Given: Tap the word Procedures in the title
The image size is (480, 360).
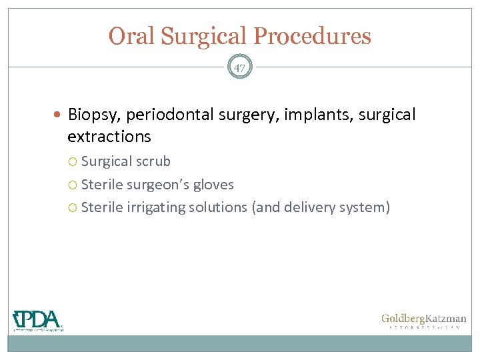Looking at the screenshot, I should click(x=319, y=36).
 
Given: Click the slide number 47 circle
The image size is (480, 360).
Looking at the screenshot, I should click(x=240, y=67).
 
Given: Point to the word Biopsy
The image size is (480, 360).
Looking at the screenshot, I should click(x=93, y=115).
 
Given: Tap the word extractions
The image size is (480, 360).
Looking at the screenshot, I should click(x=109, y=137).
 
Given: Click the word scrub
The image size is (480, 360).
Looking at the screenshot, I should click(x=153, y=162).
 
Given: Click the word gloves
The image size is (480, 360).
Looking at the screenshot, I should click(x=214, y=185).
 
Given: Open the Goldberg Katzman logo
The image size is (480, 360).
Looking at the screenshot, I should click(x=423, y=321).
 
